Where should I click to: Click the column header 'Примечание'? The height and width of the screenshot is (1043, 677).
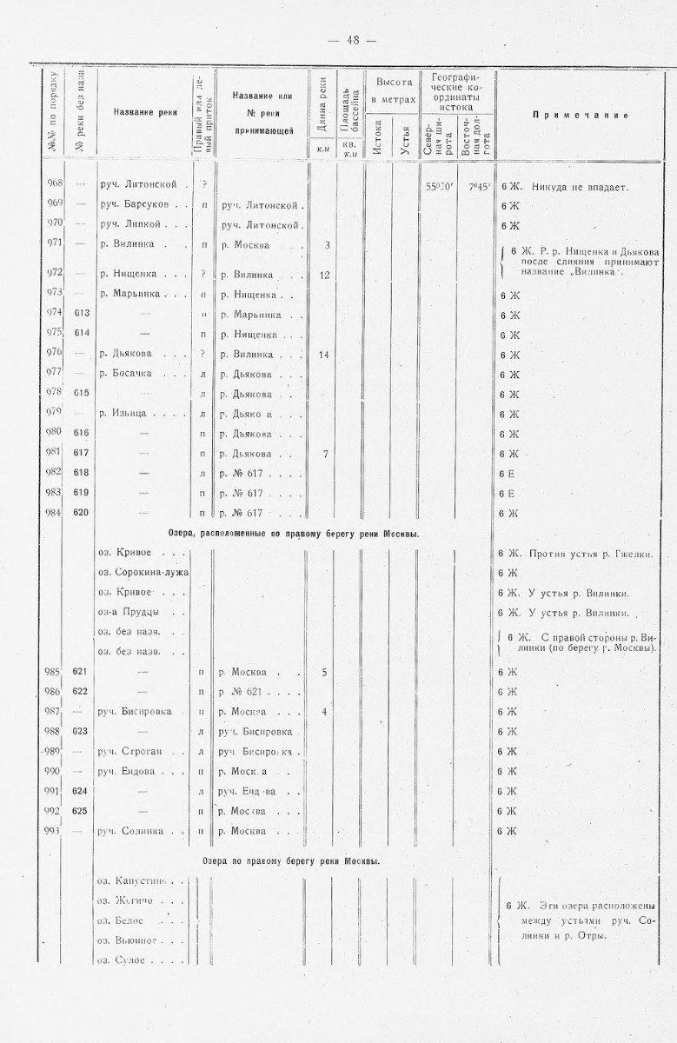(581, 115)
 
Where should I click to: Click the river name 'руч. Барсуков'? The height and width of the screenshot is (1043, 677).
(137, 205)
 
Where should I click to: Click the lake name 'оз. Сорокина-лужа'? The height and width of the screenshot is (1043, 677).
(143, 574)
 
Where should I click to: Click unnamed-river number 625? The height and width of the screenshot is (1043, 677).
(82, 811)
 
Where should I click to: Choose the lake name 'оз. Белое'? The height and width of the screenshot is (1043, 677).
(120, 920)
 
